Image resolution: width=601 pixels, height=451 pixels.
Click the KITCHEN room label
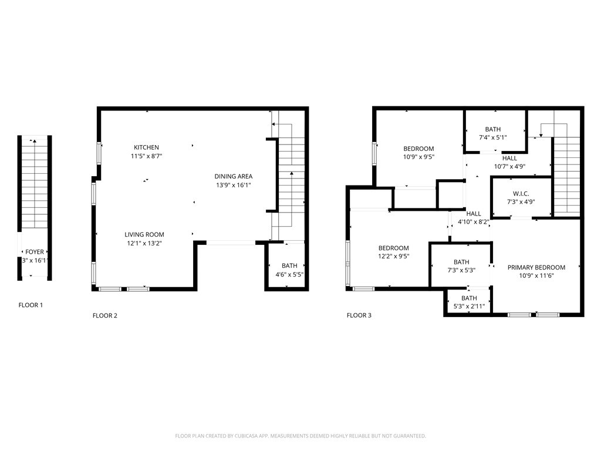click(146, 147)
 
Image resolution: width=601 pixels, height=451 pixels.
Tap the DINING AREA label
click(233, 176)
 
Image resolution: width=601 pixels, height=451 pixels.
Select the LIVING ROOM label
click(144, 235)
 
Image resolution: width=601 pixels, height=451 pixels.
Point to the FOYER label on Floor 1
click(34, 252)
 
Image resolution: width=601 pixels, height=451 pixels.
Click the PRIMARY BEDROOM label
click(536, 267)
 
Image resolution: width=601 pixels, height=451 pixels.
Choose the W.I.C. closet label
click(521, 193)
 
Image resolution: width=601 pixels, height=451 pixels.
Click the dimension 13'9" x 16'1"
click(233, 186)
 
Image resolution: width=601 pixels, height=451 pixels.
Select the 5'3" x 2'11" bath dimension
click(469, 307)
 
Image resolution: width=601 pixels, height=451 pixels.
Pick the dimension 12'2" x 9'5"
click(393, 257)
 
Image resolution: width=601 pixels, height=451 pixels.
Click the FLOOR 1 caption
click(31, 305)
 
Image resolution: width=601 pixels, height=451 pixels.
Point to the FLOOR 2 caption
click(105, 315)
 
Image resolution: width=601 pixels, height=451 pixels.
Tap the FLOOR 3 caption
click(359, 315)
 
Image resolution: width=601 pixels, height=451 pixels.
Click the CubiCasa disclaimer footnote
click(300, 436)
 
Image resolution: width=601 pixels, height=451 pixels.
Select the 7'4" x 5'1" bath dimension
click(492, 137)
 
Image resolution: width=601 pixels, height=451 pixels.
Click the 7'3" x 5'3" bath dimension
click(461, 271)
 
